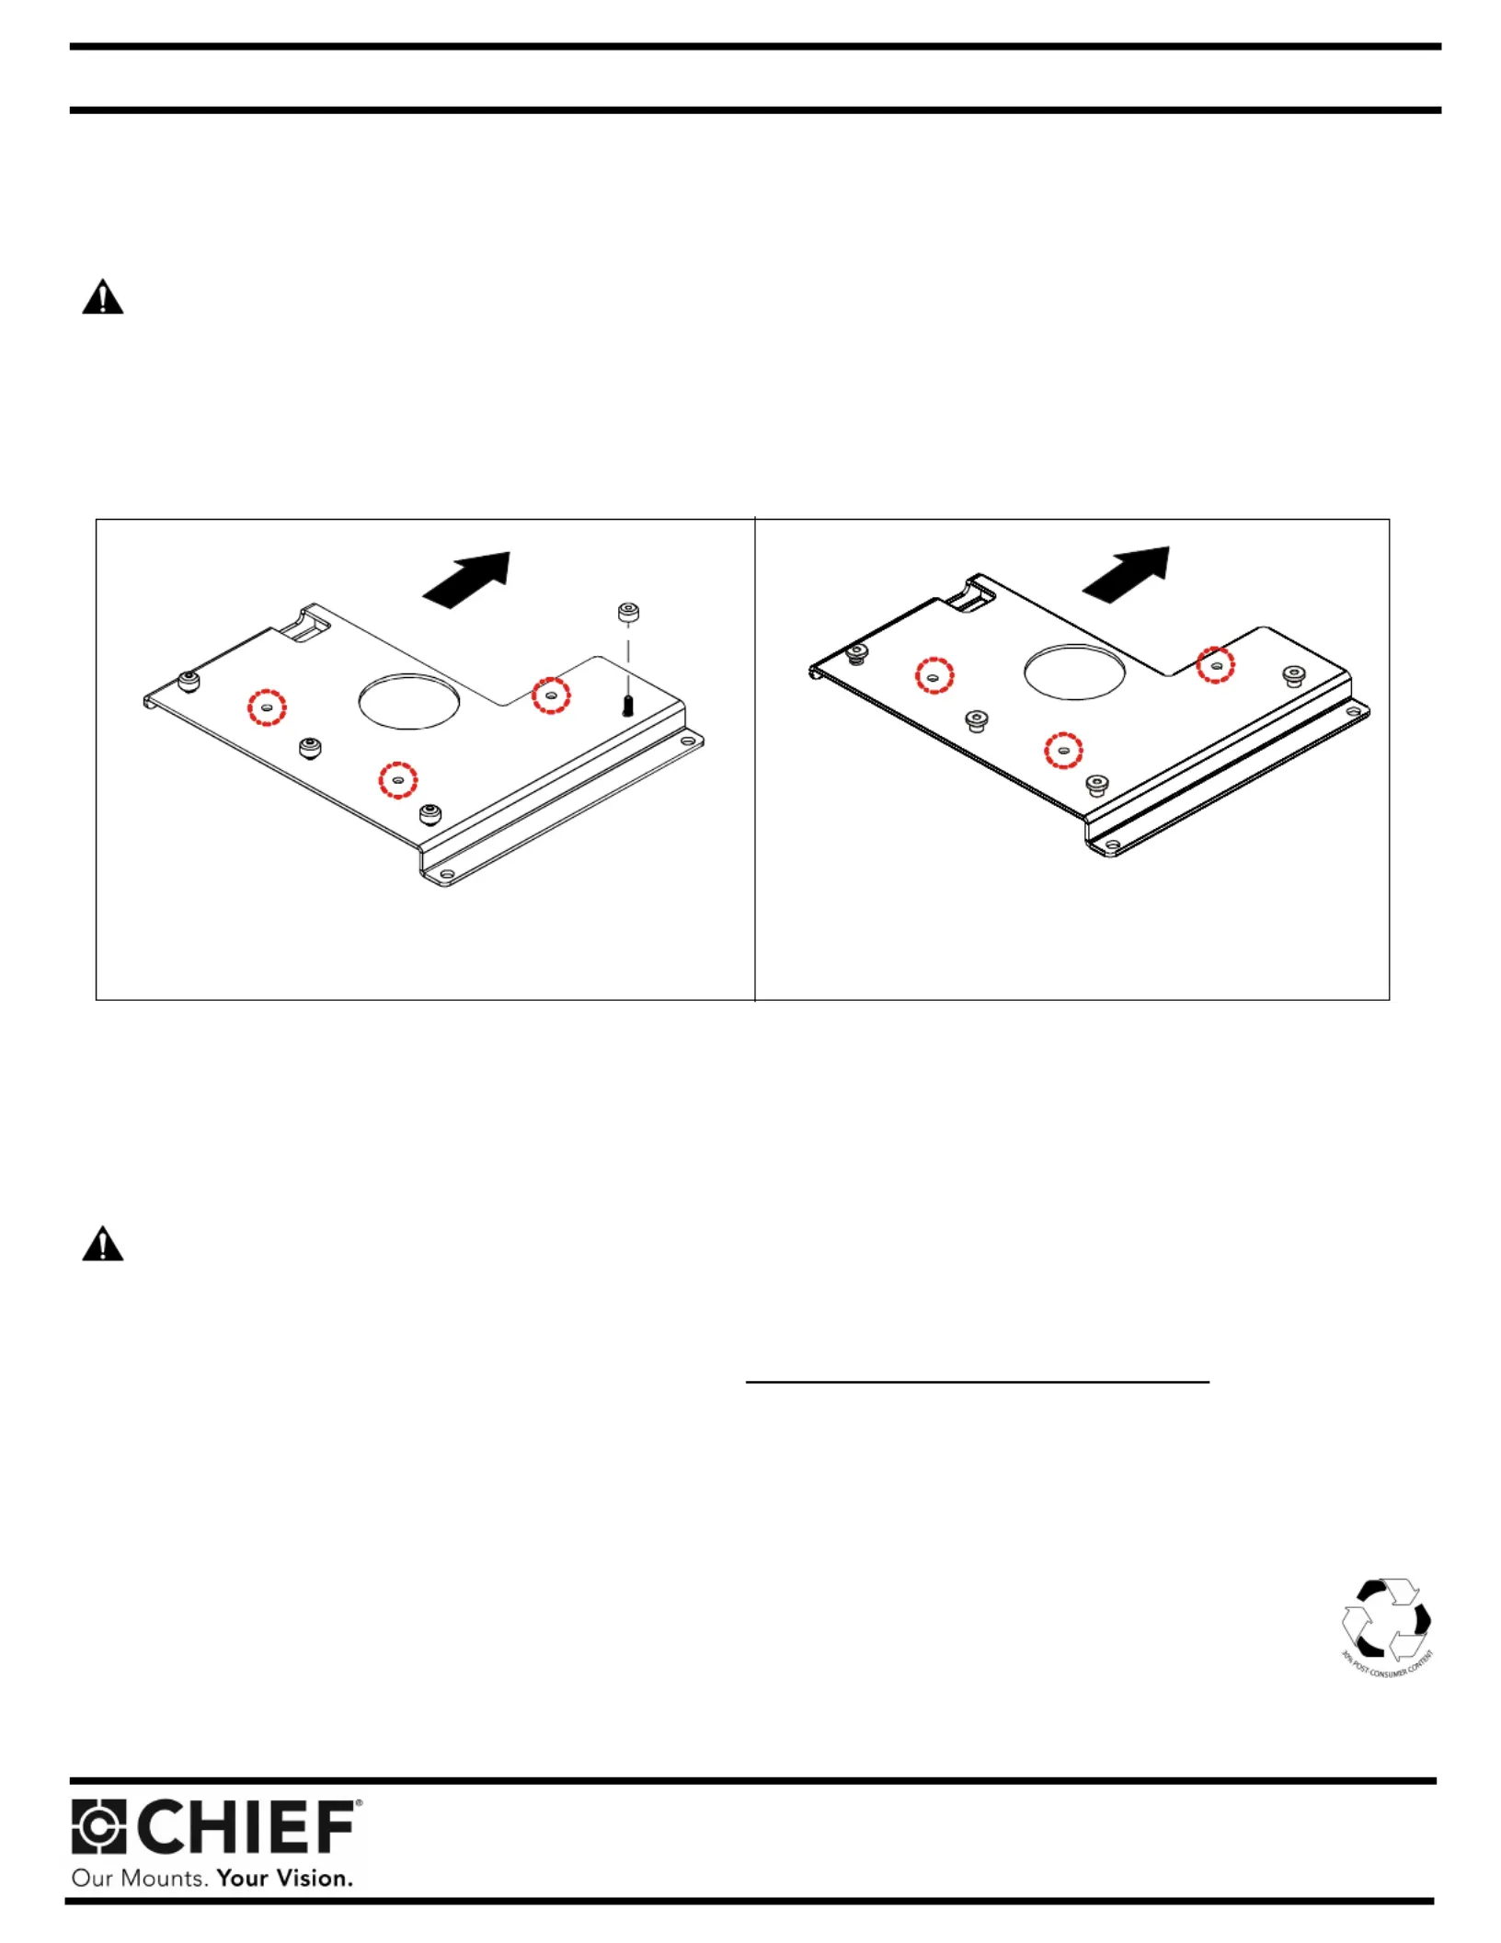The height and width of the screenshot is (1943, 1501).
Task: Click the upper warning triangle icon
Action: pyautogui.click(x=102, y=298)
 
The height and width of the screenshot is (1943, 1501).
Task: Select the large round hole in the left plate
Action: pyautogui.click(x=408, y=702)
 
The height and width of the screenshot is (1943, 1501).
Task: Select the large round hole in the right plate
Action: pyautogui.click(x=1074, y=672)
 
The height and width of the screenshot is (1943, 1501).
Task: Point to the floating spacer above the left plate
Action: pyautogui.click(x=628, y=612)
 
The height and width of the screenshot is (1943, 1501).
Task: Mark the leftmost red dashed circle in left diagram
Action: pyautogui.click(x=267, y=707)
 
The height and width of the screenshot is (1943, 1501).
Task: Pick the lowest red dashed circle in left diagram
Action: pyautogui.click(x=398, y=780)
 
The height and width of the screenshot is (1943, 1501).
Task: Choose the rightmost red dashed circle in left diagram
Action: pyautogui.click(x=551, y=696)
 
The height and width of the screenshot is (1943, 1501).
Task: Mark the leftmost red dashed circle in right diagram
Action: pyautogui.click(x=934, y=675)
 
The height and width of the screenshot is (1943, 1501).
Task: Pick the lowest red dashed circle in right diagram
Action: pyautogui.click(x=1063, y=751)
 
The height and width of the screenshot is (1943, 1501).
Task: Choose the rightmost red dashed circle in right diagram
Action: pyautogui.click(x=1215, y=664)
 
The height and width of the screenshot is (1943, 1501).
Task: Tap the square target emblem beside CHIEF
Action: pyautogui.click(x=98, y=1827)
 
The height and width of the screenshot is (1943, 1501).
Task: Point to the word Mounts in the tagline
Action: pyautogui.click(x=164, y=1878)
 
